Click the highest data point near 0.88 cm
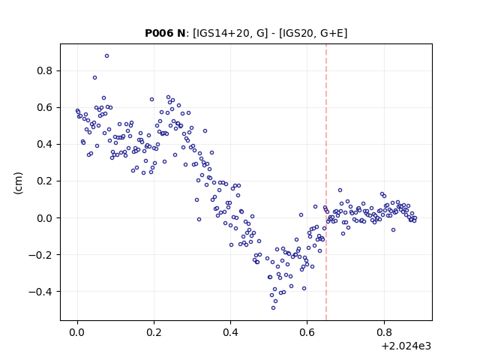pyautogui.click(x=106, y=56)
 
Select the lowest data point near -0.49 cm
pyautogui.click(x=273, y=308)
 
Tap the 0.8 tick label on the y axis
pyautogui.click(x=45, y=71)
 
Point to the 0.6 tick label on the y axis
pyautogui.click(x=45, y=108)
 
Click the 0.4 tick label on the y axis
pyautogui.click(x=45, y=145)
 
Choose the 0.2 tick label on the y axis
pyautogui.click(x=45, y=181)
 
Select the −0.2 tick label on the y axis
pyautogui.click(x=40, y=255)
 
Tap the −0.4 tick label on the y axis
pyautogui.click(x=40, y=292)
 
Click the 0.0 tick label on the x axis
pyautogui.click(x=77, y=332)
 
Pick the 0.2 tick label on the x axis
pyautogui.click(x=154, y=332)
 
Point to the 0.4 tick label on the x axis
pyautogui.click(x=230, y=332)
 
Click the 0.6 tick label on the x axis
pyautogui.click(x=307, y=332)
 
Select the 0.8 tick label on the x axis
pyautogui.click(x=384, y=332)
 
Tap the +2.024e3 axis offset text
pyautogui.click(x=406, y=346)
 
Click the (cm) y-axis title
pyautogui.click(x=18, y=183)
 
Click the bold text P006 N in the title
pyautogui.click(x=165, y=33)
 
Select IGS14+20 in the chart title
pyautogui.click(x=222, y=33)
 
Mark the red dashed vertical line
pyautogui.click(x=326, y=182)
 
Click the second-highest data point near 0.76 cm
pyautogui.click(x=95, y=78)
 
